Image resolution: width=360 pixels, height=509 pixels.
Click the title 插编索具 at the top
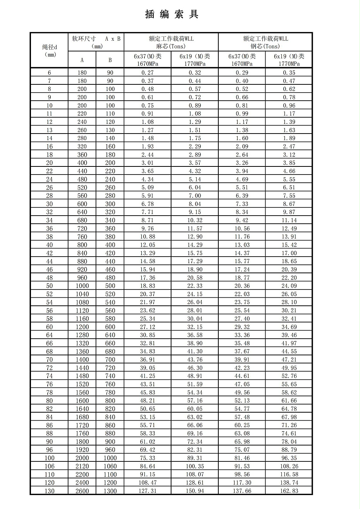[x=171, y=15]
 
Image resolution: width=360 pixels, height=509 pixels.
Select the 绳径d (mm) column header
[x=49, y=50]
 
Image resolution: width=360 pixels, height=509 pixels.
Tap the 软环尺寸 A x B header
[x=96, y=42]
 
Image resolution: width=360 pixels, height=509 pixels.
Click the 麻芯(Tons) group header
[x=171, y=42]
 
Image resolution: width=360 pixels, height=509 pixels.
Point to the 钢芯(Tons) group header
[x=265, y=42]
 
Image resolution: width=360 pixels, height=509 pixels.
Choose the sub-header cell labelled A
[x=82, y=60]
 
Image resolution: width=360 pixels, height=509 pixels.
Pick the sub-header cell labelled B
[x=110, y=60]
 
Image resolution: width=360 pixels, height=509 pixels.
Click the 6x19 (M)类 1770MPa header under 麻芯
[x=195, y=60]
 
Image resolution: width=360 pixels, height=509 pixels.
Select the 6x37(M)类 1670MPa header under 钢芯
[x=242, y=60]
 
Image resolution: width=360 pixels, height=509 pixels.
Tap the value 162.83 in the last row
[x=289, y=491]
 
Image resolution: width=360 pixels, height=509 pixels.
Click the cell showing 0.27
[x=147, y=73]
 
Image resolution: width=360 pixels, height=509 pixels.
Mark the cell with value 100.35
[x=195, y=466]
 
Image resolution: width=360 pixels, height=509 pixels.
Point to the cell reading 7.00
[x=195, y=196]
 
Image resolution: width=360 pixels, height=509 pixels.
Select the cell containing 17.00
[x=289, y=253]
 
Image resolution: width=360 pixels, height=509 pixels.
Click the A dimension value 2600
[x=82, y=491]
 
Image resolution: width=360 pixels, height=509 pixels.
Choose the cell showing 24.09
[x=289, y=286]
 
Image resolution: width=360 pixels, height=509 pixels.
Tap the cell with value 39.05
[x=147, y=368]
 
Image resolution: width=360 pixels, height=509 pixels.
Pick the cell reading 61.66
[x=289, y=401]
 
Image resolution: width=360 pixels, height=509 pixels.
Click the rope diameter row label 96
[x=49, y=450]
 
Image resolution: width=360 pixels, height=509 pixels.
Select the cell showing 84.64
[x=147, y=466]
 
